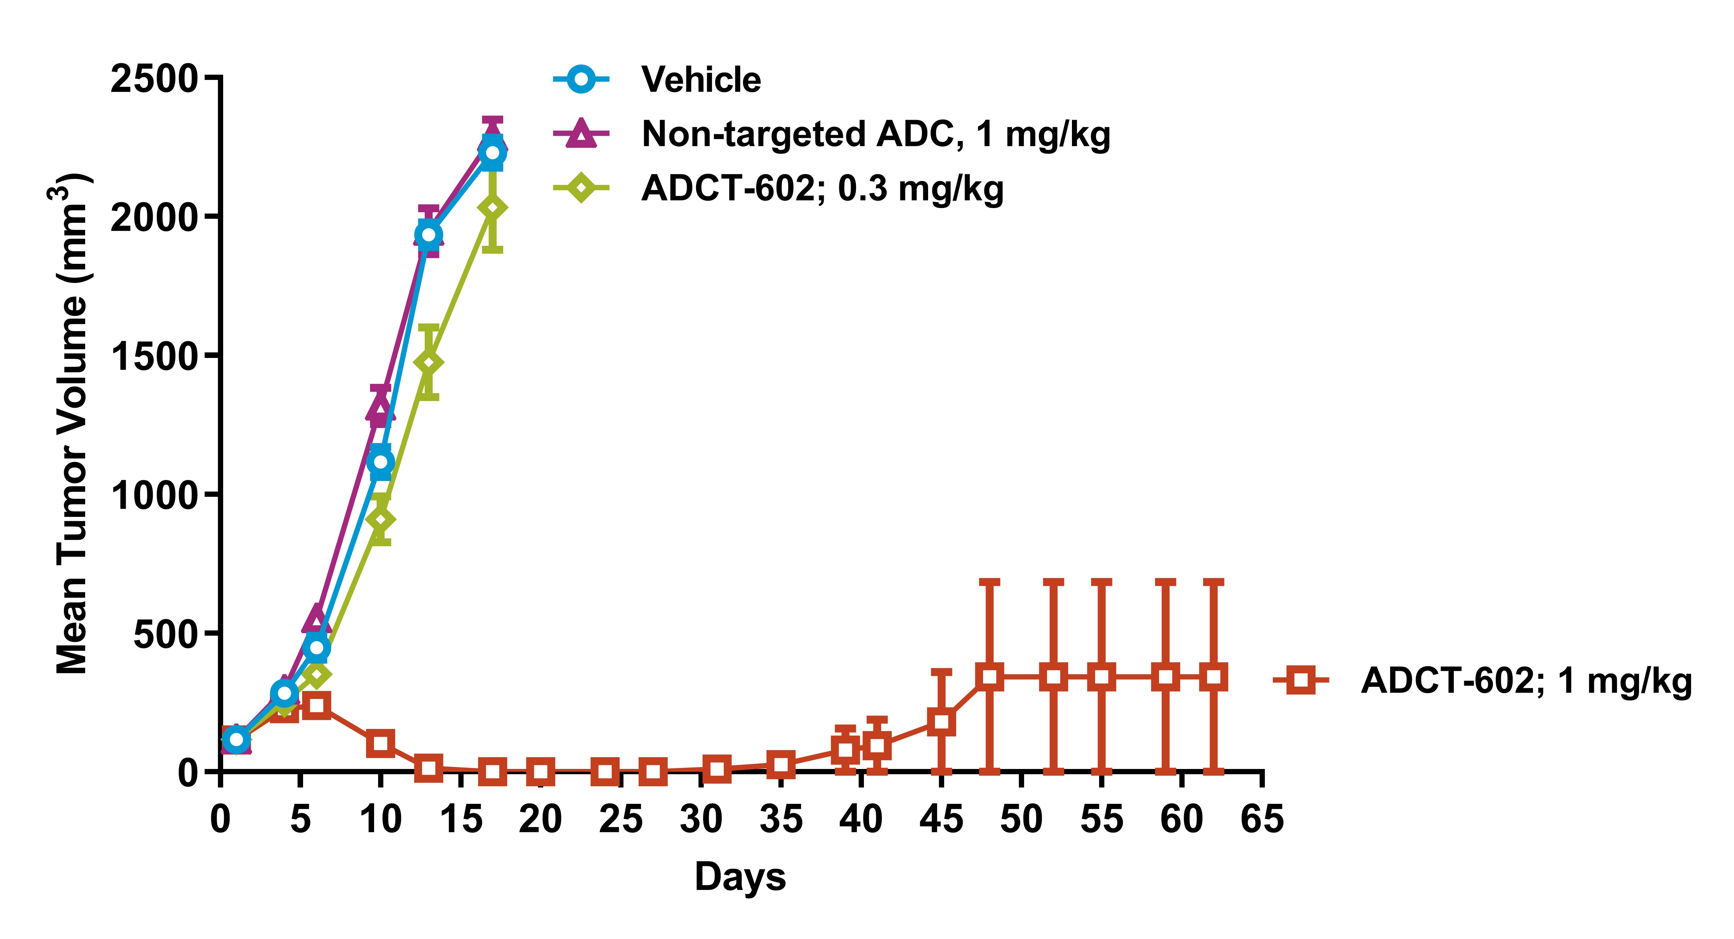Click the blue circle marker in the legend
(x=581, y=79)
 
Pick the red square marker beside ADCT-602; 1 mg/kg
(x=1301, y=680)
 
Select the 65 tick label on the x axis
(x=1262, y=819)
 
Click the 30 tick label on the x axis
(x=701, y=819)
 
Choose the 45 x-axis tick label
(x=941, y=819)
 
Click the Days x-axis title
(x=740, y=877)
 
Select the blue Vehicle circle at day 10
(x=380, y=462)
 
